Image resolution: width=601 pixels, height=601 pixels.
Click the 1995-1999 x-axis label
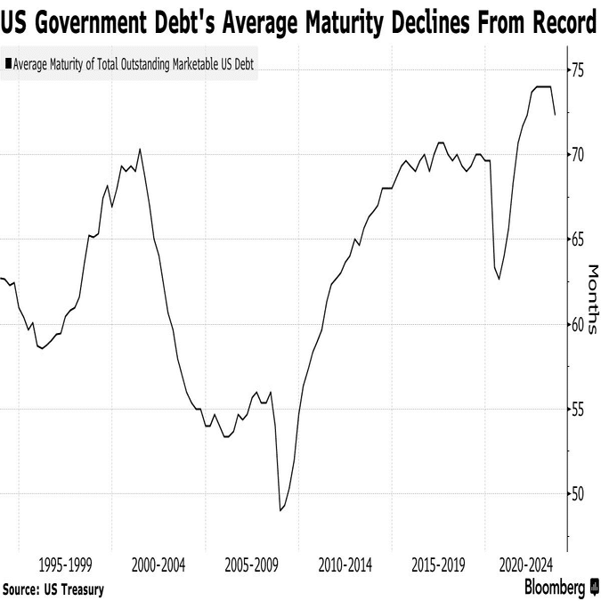pos(66,564)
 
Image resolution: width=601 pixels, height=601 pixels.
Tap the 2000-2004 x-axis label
pos(158,564)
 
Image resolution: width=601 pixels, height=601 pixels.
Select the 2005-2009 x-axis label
pos(252,564)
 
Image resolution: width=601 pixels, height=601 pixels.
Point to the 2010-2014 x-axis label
pos(345,564)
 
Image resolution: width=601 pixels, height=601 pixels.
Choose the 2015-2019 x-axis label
pos(439,564)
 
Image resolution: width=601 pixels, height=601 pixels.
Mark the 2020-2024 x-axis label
pos(527,564)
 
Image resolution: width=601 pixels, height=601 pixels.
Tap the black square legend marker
pos(9,64)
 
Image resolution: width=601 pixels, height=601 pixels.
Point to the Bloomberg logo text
pos(554,588)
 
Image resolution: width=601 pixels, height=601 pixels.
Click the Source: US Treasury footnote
pos(53,589)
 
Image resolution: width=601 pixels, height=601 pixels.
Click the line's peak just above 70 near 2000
pos(140,149)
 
